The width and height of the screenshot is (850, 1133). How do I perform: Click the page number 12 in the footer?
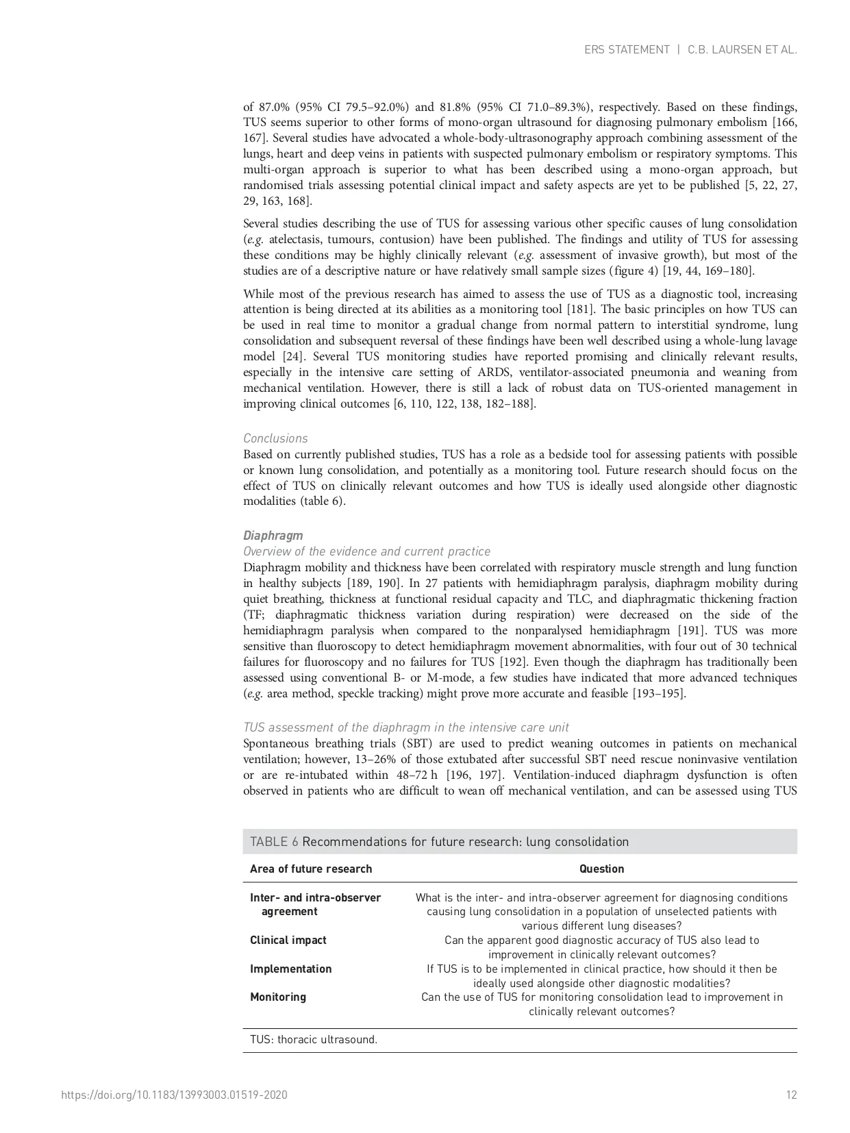click(791, 1095)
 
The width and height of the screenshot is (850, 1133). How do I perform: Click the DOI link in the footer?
click(174, 1095)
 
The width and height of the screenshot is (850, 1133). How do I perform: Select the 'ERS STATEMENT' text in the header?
click(627, 50)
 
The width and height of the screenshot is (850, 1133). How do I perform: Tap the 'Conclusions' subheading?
click(275, 438)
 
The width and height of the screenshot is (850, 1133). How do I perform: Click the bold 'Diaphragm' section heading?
click(273, 536)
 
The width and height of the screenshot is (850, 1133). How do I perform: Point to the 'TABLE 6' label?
click(274, 842)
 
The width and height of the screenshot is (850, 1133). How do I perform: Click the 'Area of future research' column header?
click(311, 869)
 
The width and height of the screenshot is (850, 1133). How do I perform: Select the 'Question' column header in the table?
click(601, 869)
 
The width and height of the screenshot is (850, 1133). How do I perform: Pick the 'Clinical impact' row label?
click(288, 940)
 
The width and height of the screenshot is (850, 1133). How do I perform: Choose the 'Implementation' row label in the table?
click(290, 969)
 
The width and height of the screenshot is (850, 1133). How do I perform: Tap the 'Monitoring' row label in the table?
click(278, 997)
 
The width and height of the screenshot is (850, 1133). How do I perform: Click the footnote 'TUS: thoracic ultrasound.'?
click(314, 1039)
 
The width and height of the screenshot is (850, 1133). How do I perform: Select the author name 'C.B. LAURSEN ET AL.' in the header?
click(742, 50)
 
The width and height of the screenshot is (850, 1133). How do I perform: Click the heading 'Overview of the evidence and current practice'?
click(366, 551)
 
